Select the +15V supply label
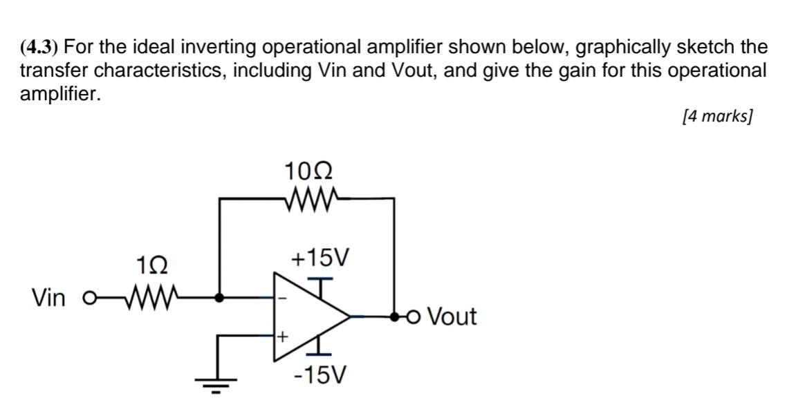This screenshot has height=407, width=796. click(320, 259)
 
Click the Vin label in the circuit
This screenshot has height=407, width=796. click(49, 299)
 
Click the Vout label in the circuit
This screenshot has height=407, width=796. click(452, 317)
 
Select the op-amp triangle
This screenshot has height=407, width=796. click(308, 316)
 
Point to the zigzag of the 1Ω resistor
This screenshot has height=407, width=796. click(151, 299)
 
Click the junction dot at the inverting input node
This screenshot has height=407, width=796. click(219, 299)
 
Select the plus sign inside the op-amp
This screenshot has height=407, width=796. click(282, 337)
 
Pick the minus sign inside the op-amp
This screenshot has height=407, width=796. click(281, 299)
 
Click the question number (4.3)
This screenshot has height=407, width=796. click(40, 48)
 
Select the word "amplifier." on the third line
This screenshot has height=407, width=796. click(59, 93)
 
